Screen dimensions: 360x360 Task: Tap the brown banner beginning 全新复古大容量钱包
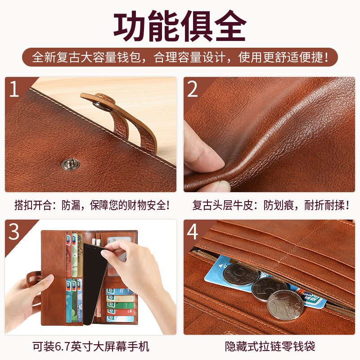[x=180, y=58]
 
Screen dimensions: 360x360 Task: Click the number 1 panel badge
[x=14, y=89]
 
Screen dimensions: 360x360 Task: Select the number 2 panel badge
[x=193, y=89]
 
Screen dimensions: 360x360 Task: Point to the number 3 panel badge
[x=14, y=231]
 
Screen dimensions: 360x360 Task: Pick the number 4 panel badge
[x=193, y=231]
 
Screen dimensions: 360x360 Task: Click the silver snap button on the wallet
[x=67, y=164]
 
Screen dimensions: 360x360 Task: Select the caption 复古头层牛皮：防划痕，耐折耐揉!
[x=271, y=206]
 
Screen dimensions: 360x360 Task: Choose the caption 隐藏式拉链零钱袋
[x=270, y=347]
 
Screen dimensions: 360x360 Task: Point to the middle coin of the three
[x=269, y=288]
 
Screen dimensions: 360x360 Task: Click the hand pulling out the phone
[x=135, y=265]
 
